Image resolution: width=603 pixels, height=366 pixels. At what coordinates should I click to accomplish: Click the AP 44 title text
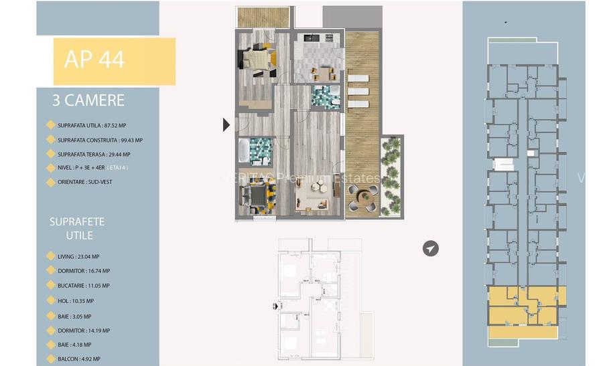click(x=94, y=60)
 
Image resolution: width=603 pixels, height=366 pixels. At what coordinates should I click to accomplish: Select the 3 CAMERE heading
click(x=88, y=100)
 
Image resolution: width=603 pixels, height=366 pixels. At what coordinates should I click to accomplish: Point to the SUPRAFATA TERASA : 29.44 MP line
click(x=94, y=155)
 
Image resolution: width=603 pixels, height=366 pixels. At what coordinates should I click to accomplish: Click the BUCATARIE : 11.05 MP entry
click(x=84, y=286)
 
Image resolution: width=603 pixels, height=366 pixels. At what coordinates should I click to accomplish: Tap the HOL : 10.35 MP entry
click(x=76, y=301)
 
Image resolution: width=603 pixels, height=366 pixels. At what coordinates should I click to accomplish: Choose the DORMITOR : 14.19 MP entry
click(x=84, y=331)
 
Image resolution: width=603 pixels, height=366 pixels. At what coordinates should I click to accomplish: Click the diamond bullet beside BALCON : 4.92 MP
click(x=50, y=359)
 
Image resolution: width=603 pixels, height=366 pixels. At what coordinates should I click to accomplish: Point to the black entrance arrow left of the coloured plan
click(x=226, y=124)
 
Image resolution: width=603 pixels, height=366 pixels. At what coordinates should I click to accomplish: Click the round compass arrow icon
click(x=431, y=249)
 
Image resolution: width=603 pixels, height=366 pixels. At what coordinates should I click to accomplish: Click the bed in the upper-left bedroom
click(x=259, y=60)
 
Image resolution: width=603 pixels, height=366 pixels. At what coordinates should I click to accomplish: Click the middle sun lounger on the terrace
click(x=358, y=91)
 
